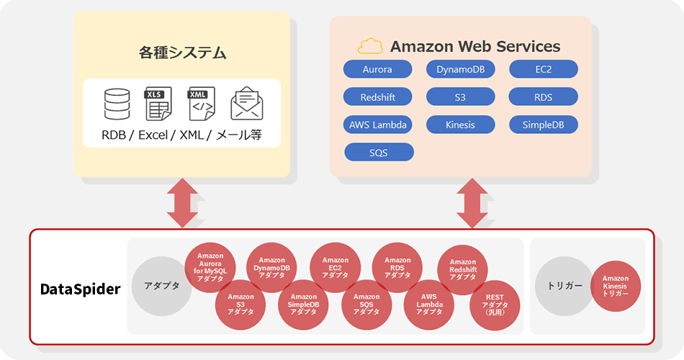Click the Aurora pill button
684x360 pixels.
(x=377, y=69)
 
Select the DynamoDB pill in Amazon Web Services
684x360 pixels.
(x=460, y=69)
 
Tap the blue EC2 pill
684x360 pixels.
(x=543, y=69)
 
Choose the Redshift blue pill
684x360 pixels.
(x=377, y=96)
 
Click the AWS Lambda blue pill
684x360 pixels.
(x=377, y=125)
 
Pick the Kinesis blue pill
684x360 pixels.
(x=460, y=125)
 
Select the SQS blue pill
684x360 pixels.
(x=379, y=152)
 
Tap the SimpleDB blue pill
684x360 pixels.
(x=543, y=125)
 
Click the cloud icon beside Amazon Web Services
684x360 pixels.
(x=371, y=47)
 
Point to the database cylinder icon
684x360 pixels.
(x=117, y=104)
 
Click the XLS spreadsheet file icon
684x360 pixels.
(x=158, y=104)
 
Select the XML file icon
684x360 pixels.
(x=200, y=104)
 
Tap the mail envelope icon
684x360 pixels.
(x=246, y=104)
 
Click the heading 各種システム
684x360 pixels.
(x=182, y=53)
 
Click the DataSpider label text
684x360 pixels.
(x=80, y=289)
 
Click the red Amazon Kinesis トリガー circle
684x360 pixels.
(x=615, y=286)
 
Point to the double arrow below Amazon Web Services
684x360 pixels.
(x=472, y=202)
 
